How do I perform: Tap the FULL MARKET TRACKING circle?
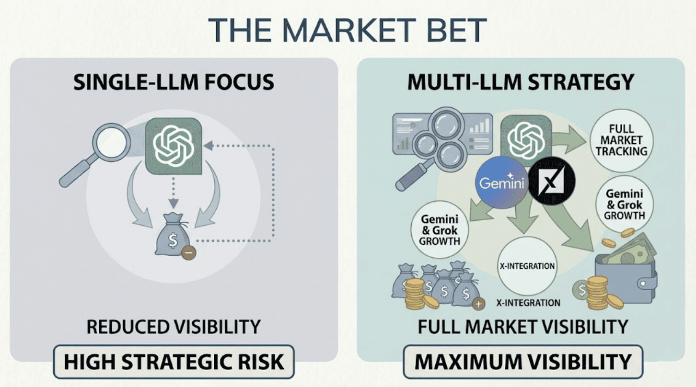point(622,140)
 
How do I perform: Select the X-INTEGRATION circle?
point(527,266)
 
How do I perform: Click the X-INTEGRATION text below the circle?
point(528,303)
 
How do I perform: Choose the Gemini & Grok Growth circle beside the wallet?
point(624,205)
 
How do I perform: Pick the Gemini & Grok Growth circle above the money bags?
point(439,229)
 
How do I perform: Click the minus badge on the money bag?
point(188,252)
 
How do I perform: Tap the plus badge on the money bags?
point(478,303)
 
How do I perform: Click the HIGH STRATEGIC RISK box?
point(174,362)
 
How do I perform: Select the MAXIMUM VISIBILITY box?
point(522,362)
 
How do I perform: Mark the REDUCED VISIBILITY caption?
point(174,327)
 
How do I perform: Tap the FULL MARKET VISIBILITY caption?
point(522,327)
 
